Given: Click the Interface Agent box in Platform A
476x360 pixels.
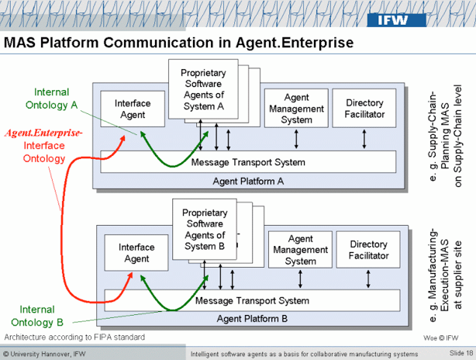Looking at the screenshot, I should pos(132,109).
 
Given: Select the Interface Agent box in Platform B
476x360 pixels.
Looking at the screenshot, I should pos(136,253).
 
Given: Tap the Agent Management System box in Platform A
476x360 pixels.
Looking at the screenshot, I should pos(296,109).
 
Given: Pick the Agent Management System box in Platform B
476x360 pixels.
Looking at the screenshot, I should pos(300,250).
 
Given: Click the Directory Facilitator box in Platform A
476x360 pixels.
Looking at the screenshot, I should pos(364,109).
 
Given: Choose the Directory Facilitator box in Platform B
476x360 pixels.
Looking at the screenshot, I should pos(368,250).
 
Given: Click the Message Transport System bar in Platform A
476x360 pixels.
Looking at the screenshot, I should pos(247,162).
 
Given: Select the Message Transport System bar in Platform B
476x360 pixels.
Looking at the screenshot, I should pos(251,300).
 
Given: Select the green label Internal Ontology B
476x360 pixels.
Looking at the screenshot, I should pos(37,315).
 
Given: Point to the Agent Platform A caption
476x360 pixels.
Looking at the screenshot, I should pos(247,181).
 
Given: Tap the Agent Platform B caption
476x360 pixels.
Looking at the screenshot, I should pos(251,318).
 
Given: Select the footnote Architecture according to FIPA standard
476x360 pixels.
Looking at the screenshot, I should pos(74,337).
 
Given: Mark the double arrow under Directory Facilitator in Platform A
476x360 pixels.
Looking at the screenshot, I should pos(364,140).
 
